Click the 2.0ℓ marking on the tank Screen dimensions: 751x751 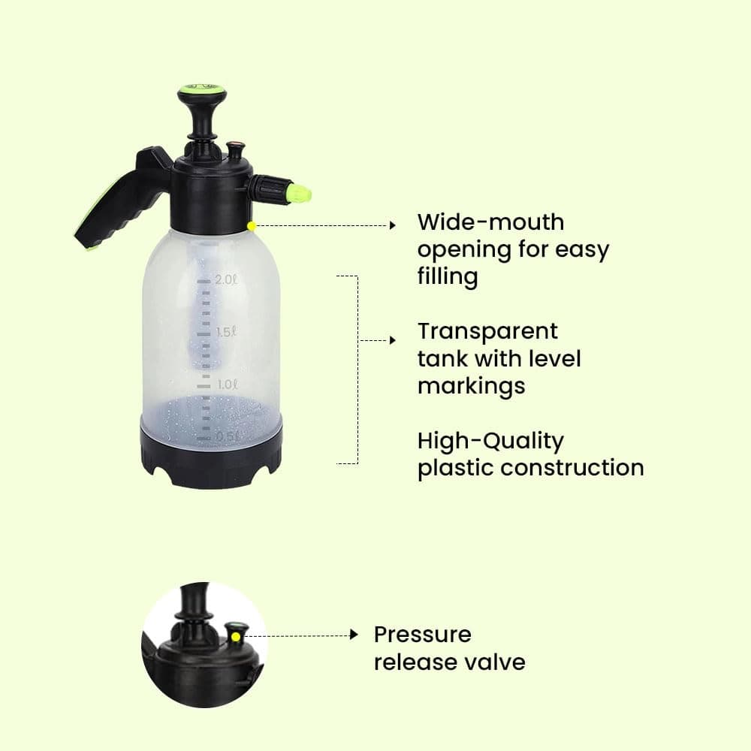[x=226, y=280]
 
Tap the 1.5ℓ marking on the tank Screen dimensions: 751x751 [x=226, y=332]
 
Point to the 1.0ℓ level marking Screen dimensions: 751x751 [x=226, y=384]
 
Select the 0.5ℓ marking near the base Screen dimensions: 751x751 [x=226, y=436]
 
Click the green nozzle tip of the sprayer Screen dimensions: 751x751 [x=300, y=194]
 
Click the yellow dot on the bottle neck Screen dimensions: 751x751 [x=252, y=225]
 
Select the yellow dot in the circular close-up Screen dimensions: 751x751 [x=235, y=636]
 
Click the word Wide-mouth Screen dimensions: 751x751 [x=490, y=222]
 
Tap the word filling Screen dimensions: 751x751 [x=448, y=276]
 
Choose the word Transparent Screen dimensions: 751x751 [x=487, y=331]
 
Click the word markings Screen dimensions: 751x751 [x=471, y=386]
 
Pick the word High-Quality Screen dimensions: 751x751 [x=490, y=441]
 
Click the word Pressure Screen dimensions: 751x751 [x=422, y=635]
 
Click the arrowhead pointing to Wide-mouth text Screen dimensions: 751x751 [x=391, y=225]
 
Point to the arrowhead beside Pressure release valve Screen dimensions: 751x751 [x=354, y=635]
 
